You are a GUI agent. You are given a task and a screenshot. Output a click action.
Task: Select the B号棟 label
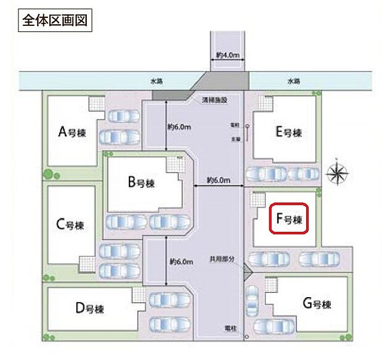click(x=140, y=182)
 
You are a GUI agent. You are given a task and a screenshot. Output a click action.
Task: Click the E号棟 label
click(x=289, y=133)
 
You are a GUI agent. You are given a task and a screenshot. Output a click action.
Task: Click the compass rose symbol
click(x=338, y=173)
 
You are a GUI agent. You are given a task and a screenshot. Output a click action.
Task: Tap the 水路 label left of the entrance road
click(x=156, y=81)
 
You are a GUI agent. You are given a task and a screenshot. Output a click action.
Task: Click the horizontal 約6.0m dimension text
click(x=218, y=180)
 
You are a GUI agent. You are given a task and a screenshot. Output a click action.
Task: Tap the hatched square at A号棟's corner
click(x=96, y=103)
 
